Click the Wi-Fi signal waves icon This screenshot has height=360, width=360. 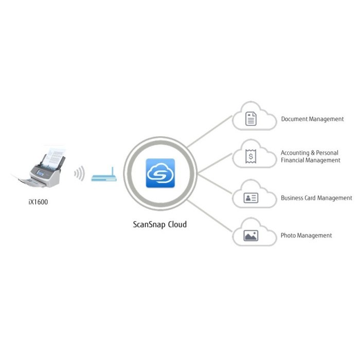click(x=79, y=174)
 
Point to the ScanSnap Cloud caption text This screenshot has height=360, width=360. click(x=160, y=224)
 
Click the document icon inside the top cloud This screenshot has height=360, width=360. click(x=251, y=119)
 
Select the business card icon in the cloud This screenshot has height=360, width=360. click(x=251, y=197)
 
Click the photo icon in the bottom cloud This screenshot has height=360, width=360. click(x=251, y=236)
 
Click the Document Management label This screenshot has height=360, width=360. click(x=312, y=119)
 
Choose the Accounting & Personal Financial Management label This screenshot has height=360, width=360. click(x=310, y=156)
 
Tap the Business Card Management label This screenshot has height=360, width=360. click(x=316, y=197)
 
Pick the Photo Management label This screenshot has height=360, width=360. click(x=306, y=236)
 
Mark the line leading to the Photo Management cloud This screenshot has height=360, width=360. click(x=211, y=217)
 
